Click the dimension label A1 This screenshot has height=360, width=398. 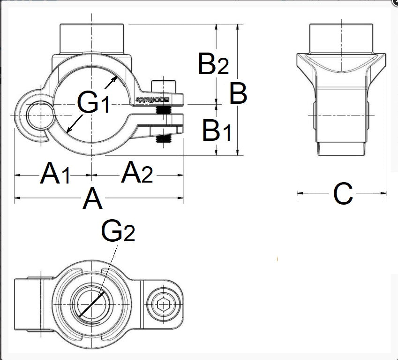point(55,174)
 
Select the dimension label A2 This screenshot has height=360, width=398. point(137,174)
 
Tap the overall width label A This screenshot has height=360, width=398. point(92,200)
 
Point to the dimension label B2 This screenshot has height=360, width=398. point(213,64)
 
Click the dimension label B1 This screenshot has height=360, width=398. point(216,131)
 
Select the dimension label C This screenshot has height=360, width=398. point(343,194)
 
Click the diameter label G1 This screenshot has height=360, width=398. point(93,103)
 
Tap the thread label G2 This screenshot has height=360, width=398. point(118,231)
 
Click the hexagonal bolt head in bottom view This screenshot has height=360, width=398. point(164,305)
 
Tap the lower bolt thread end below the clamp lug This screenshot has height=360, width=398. point(164,138)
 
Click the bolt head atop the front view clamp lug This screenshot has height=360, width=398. point(164,87)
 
